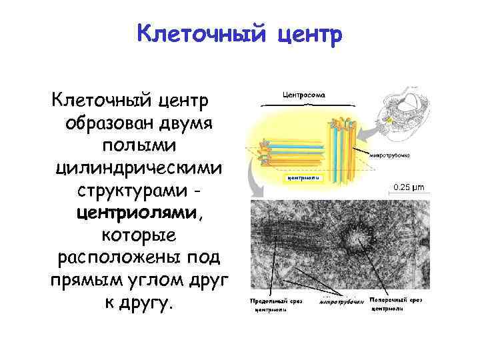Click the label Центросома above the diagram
point(304,95)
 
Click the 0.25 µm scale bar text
point(409,187)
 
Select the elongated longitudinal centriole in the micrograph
point(293,237)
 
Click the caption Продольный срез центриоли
point(276,305)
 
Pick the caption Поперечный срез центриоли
point(396,304)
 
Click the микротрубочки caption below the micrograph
point(341,302)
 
